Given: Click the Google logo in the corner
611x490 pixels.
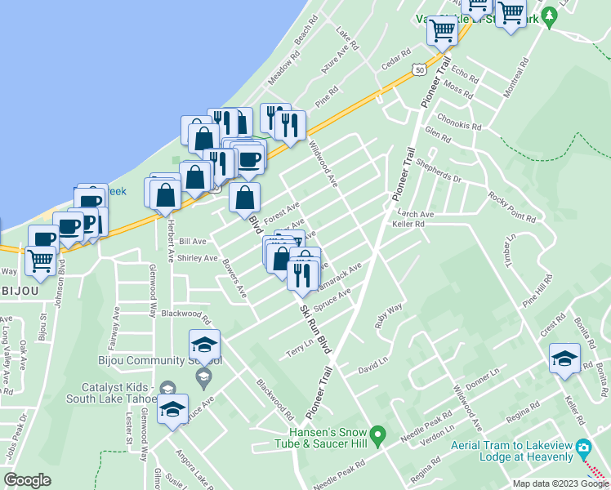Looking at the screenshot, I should (x=28, y=480).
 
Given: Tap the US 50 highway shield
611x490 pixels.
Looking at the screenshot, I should (x=418, y=70).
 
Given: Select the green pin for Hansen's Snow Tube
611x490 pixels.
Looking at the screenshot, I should (x=377, y=435).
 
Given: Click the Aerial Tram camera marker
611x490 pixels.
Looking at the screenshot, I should (x=582, y=448).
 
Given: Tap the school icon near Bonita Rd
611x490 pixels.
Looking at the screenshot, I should (x=564, y=359).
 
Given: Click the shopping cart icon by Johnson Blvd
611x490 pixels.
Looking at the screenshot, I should (x=40, y=261).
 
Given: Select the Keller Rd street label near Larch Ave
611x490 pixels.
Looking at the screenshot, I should (x=408, y=224).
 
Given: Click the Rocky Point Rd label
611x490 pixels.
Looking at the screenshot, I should (x=511, y=207).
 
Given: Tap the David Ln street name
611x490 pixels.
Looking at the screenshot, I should (x=373, y=369).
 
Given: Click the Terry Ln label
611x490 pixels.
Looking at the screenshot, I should (x=299, y=349).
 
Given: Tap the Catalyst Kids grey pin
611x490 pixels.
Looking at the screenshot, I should (x=168, y=388).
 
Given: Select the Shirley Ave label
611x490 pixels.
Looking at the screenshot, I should (x=198, y=258).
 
